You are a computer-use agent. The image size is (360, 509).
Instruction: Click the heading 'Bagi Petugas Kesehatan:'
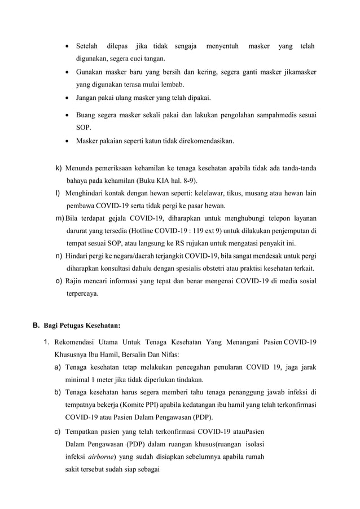click(82, 325)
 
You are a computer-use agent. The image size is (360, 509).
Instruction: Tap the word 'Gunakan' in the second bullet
click(90, 72)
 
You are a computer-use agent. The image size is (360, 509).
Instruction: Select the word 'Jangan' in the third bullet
click(88, 98)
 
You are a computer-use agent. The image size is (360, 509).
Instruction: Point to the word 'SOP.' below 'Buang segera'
click(84, 128)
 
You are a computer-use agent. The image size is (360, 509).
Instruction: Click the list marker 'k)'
click(59, 168)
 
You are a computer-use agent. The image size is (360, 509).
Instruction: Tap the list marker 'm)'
click(59, 218)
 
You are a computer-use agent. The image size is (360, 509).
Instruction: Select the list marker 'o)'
click(59, 281)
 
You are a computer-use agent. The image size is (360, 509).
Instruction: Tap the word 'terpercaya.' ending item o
click(82, 293)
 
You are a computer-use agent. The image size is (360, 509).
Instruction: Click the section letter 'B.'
click(36, 325)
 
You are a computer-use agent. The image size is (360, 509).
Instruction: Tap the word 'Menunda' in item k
click(81, 168)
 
